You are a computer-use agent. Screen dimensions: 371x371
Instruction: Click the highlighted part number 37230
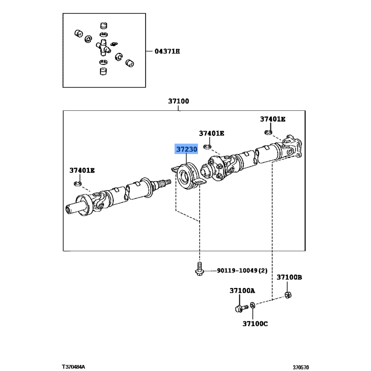click(x=186, y=149)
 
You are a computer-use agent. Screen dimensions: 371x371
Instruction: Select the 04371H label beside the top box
click(x=167, y=51)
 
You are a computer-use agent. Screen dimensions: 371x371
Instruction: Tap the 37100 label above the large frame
click(x=179, y=101)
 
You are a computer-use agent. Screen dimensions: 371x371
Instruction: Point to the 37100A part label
click(x=242, y=291)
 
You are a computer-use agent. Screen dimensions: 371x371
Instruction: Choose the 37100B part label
click(x=289, y=277)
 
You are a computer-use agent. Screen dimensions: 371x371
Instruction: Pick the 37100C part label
click(x=255, y=323)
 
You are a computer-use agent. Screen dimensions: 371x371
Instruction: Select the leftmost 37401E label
click(x=82, y=170)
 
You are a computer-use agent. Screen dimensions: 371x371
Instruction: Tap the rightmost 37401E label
click(x=273, y=119)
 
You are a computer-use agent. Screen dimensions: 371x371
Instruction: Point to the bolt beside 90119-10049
click(x=199, y=269)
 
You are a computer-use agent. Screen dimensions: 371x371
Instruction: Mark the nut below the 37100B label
click(x=288, y=295)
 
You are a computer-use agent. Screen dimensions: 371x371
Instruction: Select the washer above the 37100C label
click(x=252, y=305)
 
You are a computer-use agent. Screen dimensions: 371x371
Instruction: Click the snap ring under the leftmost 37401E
click(x=77, y=183)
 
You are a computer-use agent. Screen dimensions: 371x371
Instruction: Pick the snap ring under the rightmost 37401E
click(x=268, y=132)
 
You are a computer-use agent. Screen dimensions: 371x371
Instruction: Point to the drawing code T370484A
click(x=73, y=367)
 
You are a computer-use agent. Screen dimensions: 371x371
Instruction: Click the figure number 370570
click(x=301, y=367)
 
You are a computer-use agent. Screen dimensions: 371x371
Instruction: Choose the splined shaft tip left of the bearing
click(x=166, y=182)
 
